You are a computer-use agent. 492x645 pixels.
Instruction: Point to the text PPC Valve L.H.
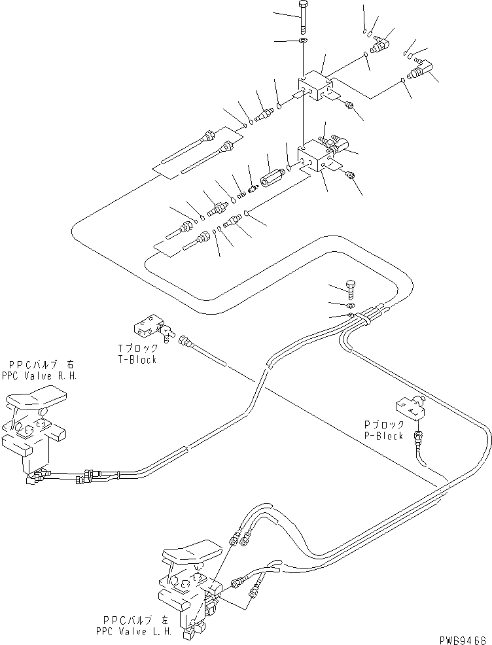pyautogui.click(x=137, y=629)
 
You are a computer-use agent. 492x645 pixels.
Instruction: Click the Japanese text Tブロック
pyautogui.click(x=135, y=349)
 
